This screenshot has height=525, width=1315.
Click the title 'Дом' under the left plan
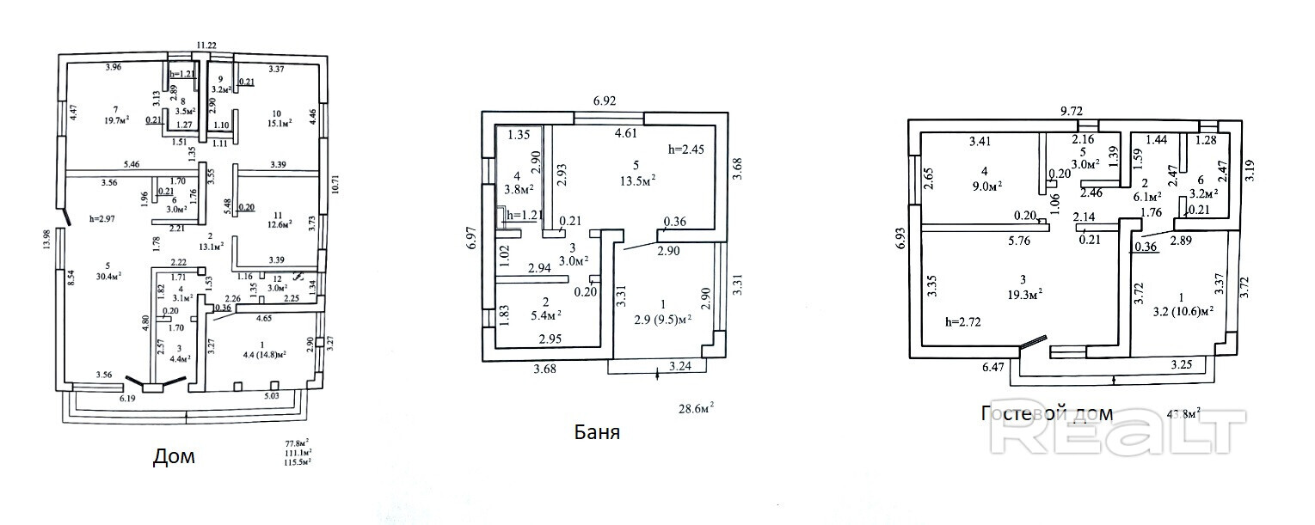174,456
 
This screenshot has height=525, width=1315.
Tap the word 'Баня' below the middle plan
597,431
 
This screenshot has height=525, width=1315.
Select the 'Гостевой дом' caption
1047,414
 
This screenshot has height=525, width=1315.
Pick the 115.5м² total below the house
298,461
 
